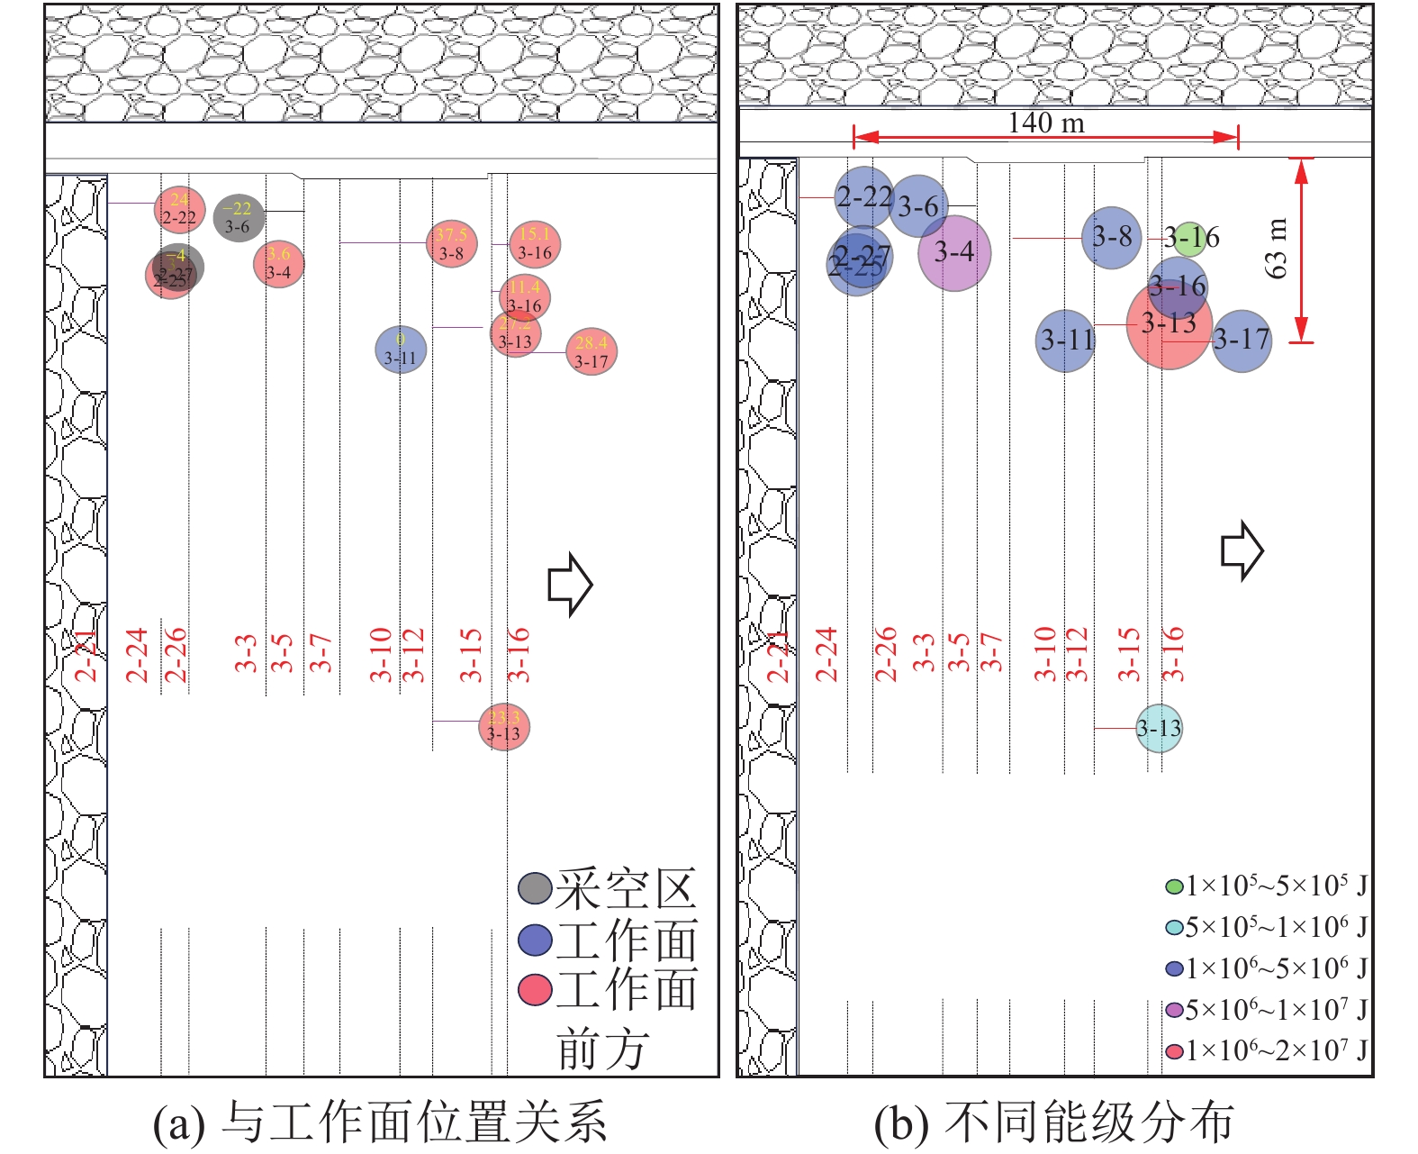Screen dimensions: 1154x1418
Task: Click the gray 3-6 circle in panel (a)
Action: coord(239,217)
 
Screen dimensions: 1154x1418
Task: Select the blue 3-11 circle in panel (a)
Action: coord(401,350)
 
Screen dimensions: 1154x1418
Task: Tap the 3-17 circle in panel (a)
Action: coord(592,351)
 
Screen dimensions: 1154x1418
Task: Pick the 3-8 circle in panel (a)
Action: coord(451,244)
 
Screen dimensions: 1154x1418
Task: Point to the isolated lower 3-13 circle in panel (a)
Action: coord(504,726)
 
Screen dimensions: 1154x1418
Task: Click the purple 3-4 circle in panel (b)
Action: coord(954,253)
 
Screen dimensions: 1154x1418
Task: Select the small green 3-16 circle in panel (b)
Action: coord(1189,236)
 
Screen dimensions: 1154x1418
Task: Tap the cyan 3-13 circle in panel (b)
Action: coord(1159,729)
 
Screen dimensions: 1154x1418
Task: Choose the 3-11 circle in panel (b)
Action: coord(1065,341)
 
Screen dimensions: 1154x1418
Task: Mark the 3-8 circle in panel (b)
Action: coord(1112,238)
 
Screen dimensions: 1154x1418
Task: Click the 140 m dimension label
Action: coord(1045,123)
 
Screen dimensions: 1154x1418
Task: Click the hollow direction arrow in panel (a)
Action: coord(570,585)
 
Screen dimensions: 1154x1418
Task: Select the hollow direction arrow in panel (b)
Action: coord(1242,550)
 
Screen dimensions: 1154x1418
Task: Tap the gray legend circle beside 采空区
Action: coord(535,888)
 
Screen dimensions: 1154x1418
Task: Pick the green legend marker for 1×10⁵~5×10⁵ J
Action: coord(1174,886)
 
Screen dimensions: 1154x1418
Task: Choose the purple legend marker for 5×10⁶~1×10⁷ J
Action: coord(1174,1010)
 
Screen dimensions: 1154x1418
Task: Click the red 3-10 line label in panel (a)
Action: coord(381,654)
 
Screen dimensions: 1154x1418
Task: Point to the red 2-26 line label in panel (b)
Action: coord(886,654)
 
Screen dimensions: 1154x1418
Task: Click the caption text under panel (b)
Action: coord(1053,1123)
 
